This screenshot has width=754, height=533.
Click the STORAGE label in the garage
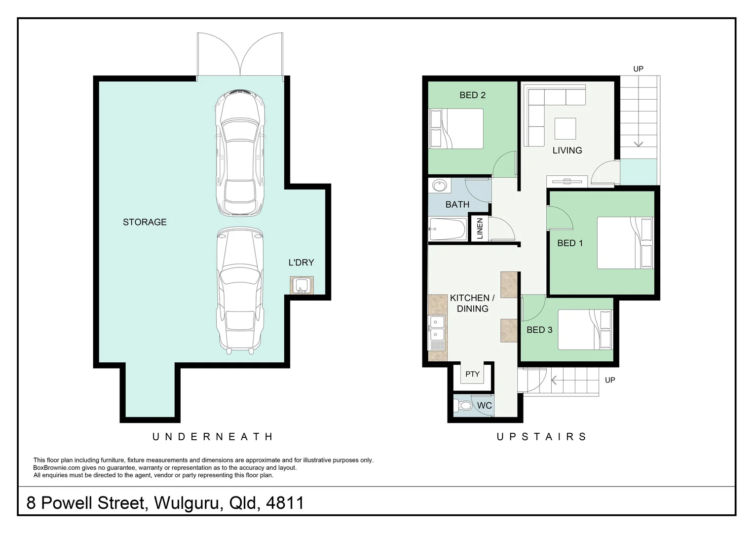click(145, 222)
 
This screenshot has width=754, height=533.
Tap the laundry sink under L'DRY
click(302, 285)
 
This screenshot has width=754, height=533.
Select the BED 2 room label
click(473, 95)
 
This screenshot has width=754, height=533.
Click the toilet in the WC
click(463, 405)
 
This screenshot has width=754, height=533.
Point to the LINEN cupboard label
click(480, 228)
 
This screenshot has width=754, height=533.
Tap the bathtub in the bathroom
click(448, 229)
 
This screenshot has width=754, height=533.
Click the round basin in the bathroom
click(439, 186)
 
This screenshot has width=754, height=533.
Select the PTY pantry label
click(472, 374)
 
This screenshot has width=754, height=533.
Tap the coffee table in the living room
click(565, 129)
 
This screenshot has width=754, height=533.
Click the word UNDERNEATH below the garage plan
click(212, 437)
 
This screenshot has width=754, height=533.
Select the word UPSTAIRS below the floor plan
click(542, 437)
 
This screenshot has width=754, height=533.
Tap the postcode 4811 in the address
click(285, 503)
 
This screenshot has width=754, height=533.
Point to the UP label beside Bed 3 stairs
click(610, 380)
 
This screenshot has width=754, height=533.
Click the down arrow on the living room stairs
click(639, 144)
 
